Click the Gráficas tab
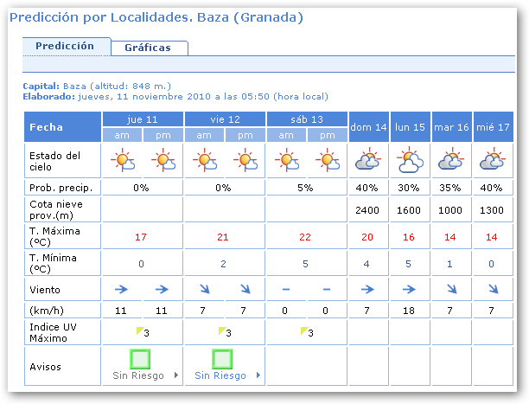(147, 48)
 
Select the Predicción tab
(66, 46)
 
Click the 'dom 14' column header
(369, 127)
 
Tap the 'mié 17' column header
(493, 127)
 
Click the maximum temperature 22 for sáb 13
(304, 237)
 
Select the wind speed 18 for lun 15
(410, 310)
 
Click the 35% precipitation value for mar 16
(451, 187)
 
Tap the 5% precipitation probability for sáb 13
(304, 187)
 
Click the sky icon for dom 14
(369, 160)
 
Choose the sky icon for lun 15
(410, 160)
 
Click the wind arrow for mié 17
(493, 289)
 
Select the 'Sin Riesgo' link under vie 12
(220, 375)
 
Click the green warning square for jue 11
(140, 359)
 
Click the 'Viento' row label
(46, 289)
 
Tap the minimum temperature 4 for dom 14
(369, 264)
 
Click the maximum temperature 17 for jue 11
(141, 237)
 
